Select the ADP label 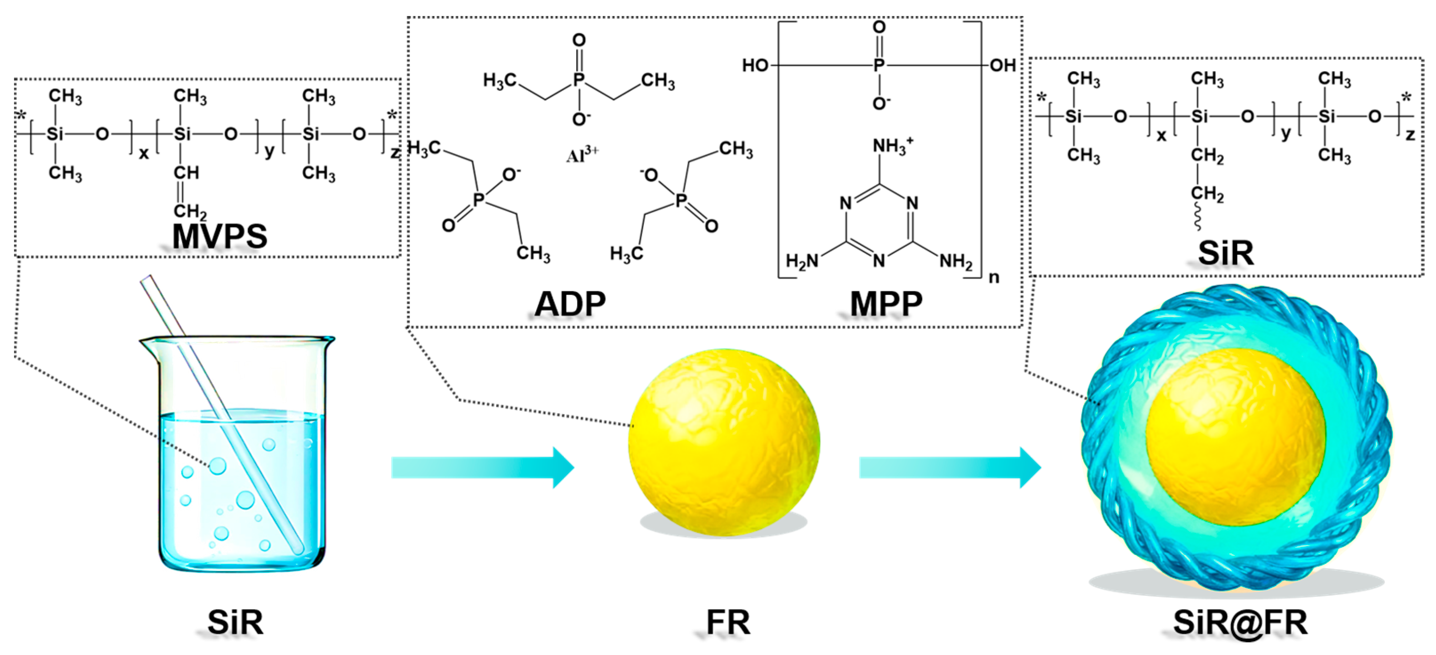coord(570,304)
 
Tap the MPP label coord(886,304)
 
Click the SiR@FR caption coord(1240,622)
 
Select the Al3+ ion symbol coord(582,154)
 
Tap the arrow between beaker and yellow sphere coord(483,467)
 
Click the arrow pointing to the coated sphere coord(950,467)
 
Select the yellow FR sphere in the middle coord(724,442)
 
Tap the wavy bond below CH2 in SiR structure coord(1197,217)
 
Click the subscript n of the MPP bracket coord(993,277)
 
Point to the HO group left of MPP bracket coord(755,66)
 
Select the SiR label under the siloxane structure coord(1226,253)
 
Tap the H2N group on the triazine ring coord(802,261)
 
